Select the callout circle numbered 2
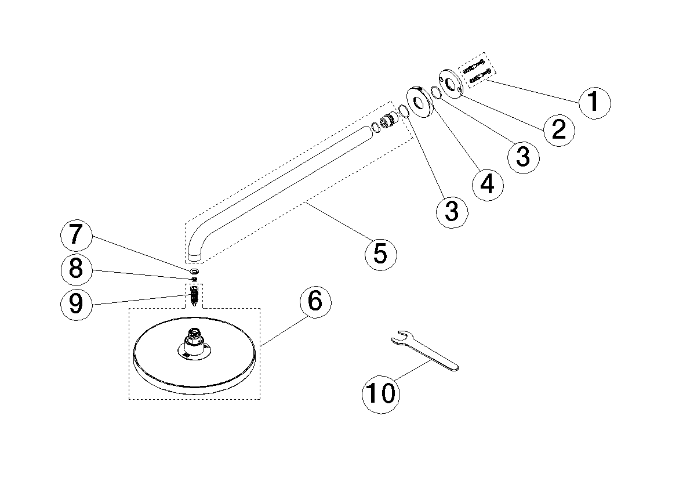pyautogui.click(x=558, y=129)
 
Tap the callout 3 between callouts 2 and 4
pyautogui.click(x=523, y=156)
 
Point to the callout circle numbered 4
pyautogui.click(x=488, y=184)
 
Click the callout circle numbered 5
pyautogui.click(x=381, y=254)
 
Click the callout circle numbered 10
pyautogui.click(x=381, y=393)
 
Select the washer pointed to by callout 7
pyautogui.click(x=194, y=271)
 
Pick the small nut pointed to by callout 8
pyautogui.click(x=194, y=279)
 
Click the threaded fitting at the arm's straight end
pyautogui.click(x=386, y=122)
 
